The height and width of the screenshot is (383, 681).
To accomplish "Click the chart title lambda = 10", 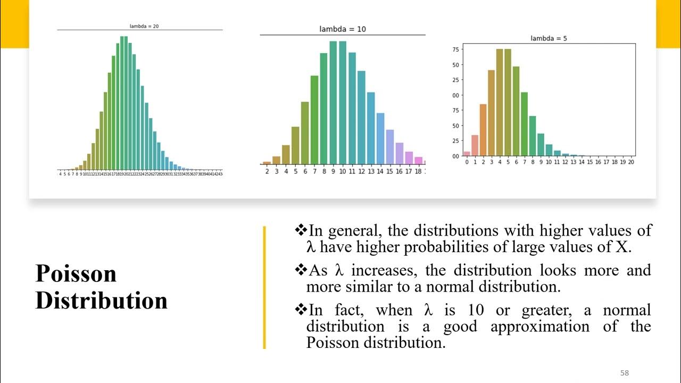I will click(x=343, y=29).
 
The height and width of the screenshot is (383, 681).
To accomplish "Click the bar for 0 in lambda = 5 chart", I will click(x=467, y=154).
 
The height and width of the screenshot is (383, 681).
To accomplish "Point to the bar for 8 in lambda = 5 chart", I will click(x=533, y=136).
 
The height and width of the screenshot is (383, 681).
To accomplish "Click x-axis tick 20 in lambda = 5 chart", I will click(x=631, y=162).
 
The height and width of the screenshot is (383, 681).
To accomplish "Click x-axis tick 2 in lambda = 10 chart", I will click(x=267, y=172).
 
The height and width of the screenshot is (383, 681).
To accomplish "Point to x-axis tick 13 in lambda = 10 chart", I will click(x=371, y=172).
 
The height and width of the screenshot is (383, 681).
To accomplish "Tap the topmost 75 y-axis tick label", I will click(x=455, y=49).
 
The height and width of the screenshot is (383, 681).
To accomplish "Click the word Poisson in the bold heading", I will click(x=76, y=273).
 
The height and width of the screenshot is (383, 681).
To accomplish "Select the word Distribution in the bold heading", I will click(x=101, y=301).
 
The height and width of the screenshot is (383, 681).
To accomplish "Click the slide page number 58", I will click(x=625, y=373).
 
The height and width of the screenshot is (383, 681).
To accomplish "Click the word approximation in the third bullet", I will click(x=539, y=326).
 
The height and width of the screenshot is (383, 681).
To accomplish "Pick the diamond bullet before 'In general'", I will click(x=301, y=230).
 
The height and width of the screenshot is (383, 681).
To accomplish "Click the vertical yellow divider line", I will click(x=264, y=287).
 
